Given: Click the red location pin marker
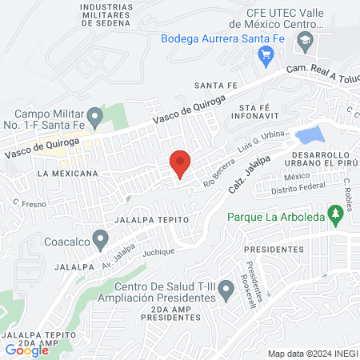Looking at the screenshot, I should (180, 163).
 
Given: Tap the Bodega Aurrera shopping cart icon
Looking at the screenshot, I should (267, 54).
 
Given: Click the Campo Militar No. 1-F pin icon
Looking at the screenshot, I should (95, 117).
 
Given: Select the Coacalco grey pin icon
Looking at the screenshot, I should (99, 238).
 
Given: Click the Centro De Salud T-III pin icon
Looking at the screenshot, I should (227, 294).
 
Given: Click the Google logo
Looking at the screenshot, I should (27, 350).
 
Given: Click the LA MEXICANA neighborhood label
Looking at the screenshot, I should (67, 173).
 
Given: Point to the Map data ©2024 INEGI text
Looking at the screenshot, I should (312, 354).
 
